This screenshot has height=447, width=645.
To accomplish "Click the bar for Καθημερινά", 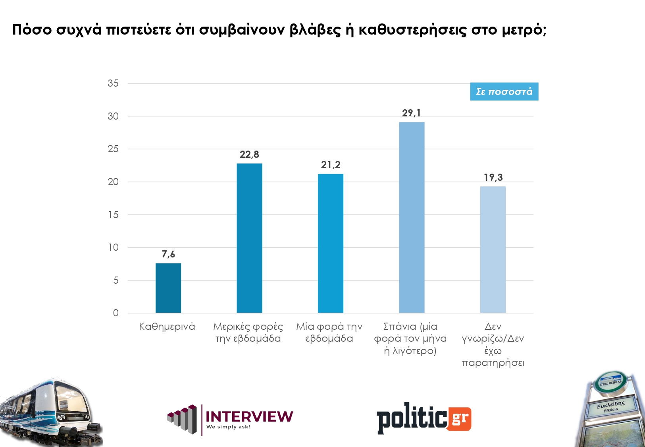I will [168, 288].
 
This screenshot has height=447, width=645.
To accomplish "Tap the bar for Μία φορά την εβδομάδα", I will [331, 243].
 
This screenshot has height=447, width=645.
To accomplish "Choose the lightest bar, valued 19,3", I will [493, 249].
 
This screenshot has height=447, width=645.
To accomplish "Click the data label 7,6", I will [168, 254].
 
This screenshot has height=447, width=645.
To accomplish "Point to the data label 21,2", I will [331, 165].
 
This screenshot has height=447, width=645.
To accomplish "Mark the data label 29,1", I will [411, 113].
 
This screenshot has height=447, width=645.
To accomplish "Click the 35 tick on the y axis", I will [113, 83].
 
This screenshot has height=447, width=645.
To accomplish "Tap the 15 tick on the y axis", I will [113, 215].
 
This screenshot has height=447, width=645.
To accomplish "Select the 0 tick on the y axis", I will [116, 313].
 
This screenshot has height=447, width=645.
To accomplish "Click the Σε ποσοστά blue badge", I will [504, 91].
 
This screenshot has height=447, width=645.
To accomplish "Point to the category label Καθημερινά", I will [167, 327].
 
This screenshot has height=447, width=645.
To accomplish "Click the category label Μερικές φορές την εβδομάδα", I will [248, 333].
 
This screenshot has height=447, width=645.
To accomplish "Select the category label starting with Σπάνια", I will [410, 339].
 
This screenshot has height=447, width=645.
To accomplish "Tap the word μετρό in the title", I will [524, 30].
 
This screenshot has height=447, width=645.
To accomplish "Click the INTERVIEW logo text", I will [249, 416].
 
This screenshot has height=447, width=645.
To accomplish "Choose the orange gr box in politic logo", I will [460, 419].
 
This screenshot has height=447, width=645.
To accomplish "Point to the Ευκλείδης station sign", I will [611, 406].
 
